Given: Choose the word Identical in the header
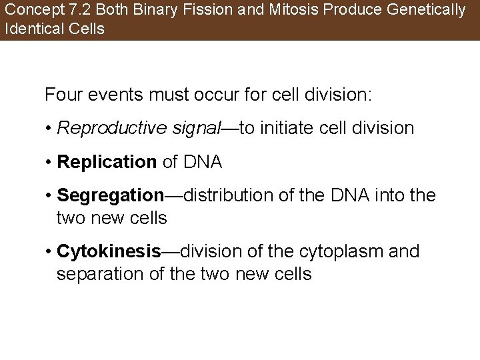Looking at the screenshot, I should tap(31, 29).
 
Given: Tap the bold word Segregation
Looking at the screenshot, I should tap(110, 195).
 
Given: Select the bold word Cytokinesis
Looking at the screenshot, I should tap(109, 251).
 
